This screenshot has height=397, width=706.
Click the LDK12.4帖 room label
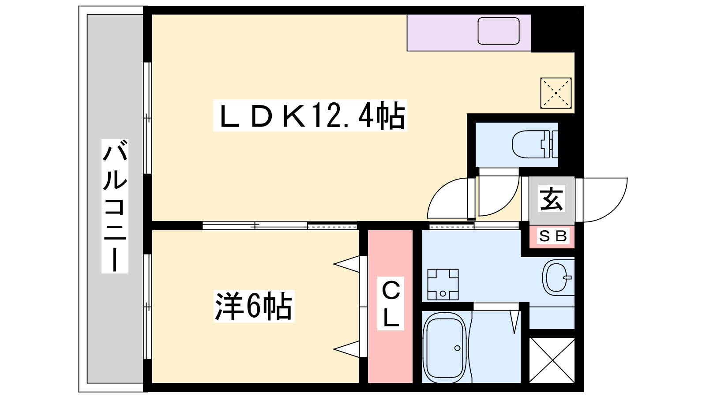tap(310, 116)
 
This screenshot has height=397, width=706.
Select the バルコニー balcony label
tap(115, 206)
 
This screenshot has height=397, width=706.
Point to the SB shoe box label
tap(552, 236)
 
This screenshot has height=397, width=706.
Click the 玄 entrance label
tap(552, 199)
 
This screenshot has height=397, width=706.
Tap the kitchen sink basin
tap(499, 31)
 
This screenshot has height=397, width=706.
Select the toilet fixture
tap(534, 144)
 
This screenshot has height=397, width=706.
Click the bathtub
tap(444, 347)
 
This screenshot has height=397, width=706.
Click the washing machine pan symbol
tap(443, 285)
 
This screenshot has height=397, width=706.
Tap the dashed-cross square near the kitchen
tap(556, 93)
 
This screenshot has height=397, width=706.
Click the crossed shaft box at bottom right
tap(552, 360)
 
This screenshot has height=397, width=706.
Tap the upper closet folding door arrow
tap(347, 265)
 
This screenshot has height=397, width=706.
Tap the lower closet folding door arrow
tap(347, 349)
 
